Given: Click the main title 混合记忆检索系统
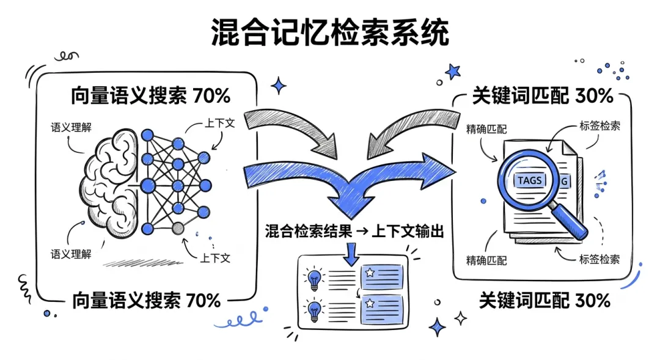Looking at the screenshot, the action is coord(330,32).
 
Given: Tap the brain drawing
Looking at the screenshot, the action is coord(110,184).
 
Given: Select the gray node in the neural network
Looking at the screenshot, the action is coord(178,229).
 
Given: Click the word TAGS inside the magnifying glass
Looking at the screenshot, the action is coord(529,180).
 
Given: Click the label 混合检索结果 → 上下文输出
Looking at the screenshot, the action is coord(354,232).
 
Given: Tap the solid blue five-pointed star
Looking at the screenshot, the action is coord(453,71).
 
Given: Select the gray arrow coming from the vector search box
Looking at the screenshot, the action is coord(293,131).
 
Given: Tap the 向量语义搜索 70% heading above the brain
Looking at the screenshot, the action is coord(150,96).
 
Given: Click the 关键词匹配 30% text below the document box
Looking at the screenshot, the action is coord(544,300).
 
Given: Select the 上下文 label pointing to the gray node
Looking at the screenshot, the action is coord(215,257).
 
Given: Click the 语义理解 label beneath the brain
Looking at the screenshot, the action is coord(71,253).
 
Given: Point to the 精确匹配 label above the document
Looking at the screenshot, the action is coord(486,129).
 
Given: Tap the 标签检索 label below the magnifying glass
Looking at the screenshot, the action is coord(599,259).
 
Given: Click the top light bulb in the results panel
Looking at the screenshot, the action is coord(314,279).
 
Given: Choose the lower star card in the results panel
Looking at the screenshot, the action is coord(381,309).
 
